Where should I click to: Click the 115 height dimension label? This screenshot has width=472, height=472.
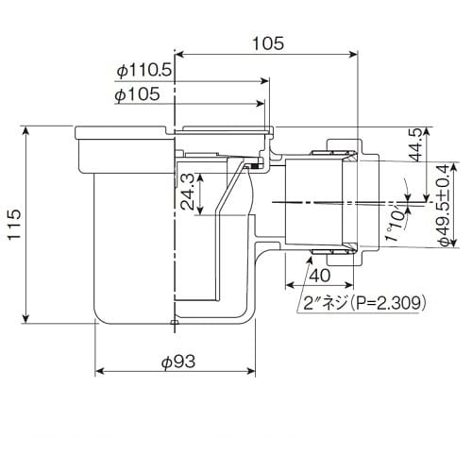(14, 224)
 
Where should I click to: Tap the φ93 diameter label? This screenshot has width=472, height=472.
(178, 362)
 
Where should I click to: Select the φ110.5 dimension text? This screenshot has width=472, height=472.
(144, 71)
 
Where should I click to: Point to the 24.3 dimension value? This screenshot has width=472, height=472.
(188, 193)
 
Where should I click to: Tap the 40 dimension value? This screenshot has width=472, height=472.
(320, 276)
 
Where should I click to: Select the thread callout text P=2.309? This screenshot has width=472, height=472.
(389, 303)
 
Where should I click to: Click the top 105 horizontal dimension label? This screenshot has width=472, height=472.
(268, 43)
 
